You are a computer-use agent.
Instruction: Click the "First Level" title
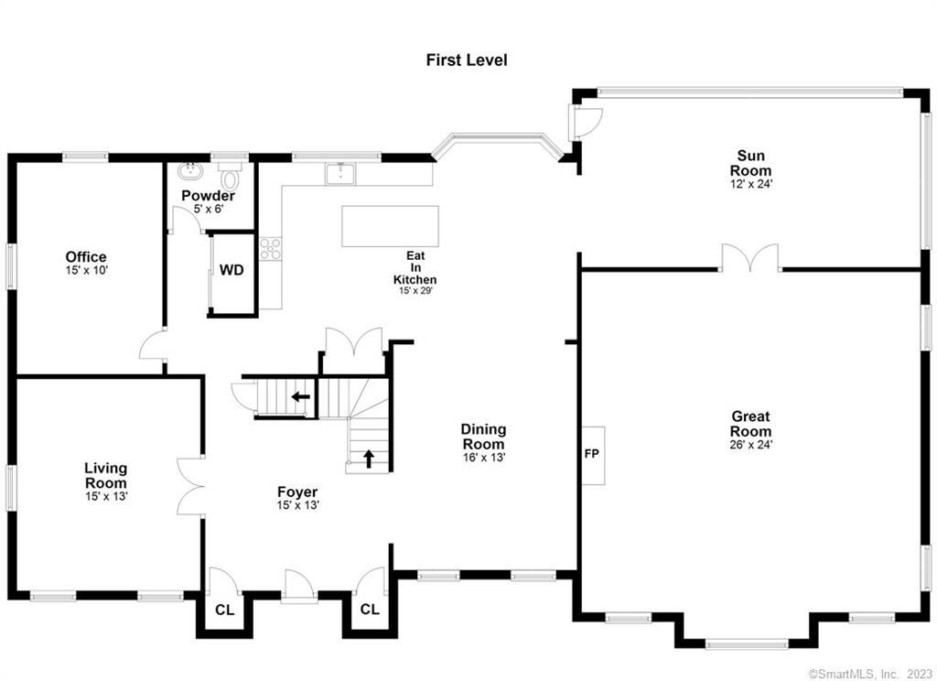[467, 60]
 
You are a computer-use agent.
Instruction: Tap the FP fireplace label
[591, 453]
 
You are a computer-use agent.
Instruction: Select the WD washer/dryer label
[232, 271]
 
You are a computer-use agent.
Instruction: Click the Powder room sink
[192, 170]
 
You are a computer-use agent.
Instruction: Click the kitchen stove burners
[270, 248]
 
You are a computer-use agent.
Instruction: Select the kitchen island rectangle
[390, 226]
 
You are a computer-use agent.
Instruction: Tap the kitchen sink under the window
[341, 172]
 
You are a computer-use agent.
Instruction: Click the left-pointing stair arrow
[299, 397]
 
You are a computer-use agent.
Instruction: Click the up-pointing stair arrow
[369, 458]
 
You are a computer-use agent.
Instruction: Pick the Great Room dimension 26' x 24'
[749, 446]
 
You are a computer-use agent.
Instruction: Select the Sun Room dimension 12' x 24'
[749, 184]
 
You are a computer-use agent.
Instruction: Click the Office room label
[86, 257]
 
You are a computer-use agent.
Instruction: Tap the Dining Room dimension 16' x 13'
[483, 457]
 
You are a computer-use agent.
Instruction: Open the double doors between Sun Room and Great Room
[749, 259]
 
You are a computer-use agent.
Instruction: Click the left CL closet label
[223, 611]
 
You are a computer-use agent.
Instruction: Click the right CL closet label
[370, 611]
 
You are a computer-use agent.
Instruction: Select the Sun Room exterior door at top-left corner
[586, 119]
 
